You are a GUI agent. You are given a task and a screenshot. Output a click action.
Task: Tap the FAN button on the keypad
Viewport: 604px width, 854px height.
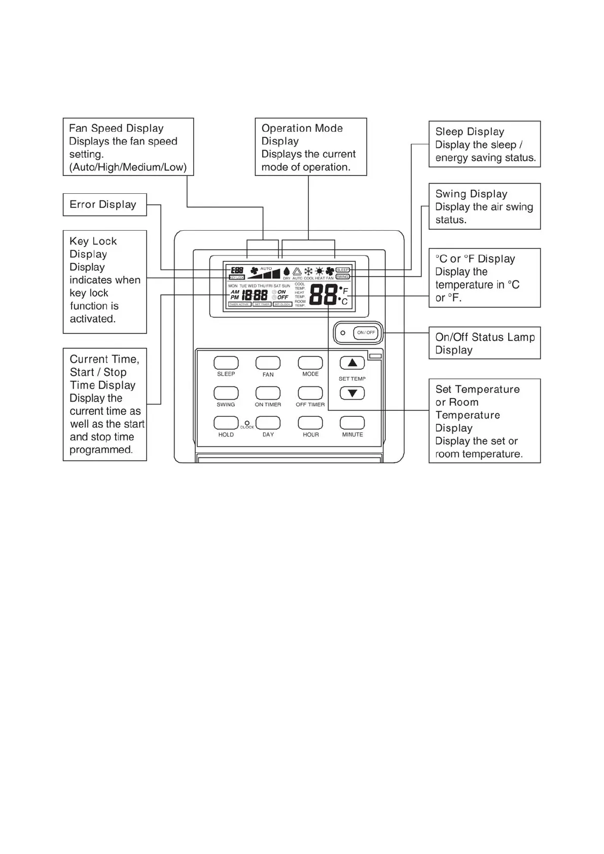tap(268, 363)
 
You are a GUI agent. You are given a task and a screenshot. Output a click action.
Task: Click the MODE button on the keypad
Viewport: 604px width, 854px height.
tap(310, 363)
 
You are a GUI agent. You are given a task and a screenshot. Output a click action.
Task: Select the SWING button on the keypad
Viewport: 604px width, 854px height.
tap(226, 393)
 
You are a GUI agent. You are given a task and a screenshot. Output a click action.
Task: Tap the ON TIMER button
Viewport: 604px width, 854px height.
tap(268, 393)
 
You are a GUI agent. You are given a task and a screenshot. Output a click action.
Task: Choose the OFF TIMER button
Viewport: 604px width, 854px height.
tap(310, 393)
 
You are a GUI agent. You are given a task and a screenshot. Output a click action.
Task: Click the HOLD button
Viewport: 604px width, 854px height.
tap(226, 423)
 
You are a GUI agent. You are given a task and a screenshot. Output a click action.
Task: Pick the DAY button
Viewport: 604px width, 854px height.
tap(268, 423)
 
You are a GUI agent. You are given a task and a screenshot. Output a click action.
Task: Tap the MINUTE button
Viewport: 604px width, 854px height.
tap(352, 423)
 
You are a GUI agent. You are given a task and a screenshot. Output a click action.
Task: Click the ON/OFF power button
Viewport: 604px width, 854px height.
tap(366, 333)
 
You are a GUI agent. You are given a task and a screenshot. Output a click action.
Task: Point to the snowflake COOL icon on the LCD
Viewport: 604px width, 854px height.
tap(308, 271)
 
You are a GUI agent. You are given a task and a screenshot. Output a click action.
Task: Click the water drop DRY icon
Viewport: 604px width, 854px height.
tap(287, 272)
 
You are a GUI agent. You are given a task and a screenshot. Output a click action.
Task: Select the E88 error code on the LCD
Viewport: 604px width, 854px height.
tap(237, 270)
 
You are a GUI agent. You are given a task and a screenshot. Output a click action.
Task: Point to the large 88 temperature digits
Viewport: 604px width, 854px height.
tap(323, 294)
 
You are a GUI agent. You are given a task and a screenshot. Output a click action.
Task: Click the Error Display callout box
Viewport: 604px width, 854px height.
tap(104, 204)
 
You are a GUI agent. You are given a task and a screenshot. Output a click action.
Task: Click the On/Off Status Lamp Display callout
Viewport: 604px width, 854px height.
tap(484, 343)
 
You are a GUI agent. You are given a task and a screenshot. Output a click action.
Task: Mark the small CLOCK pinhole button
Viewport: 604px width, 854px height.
tap(247, 422)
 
